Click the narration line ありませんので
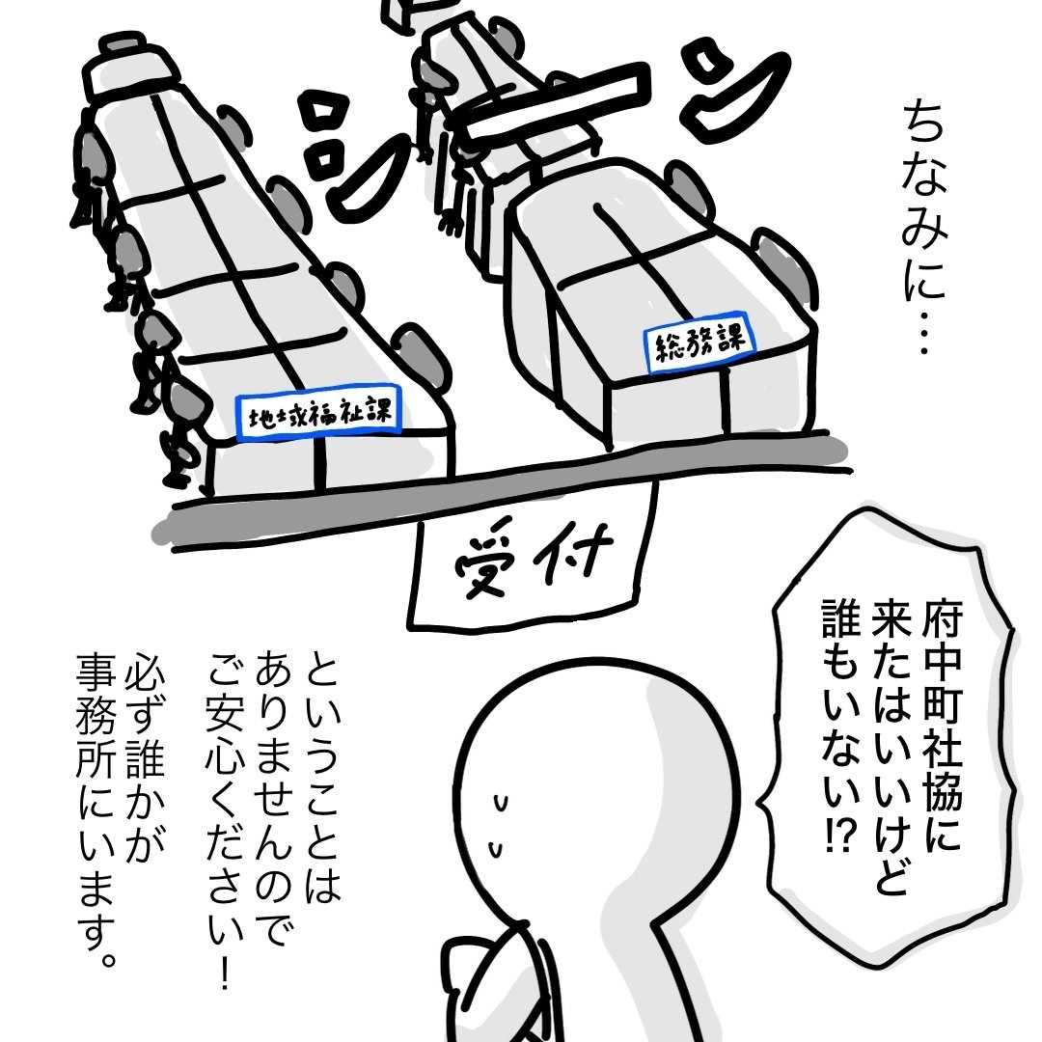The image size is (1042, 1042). (273, 798)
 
